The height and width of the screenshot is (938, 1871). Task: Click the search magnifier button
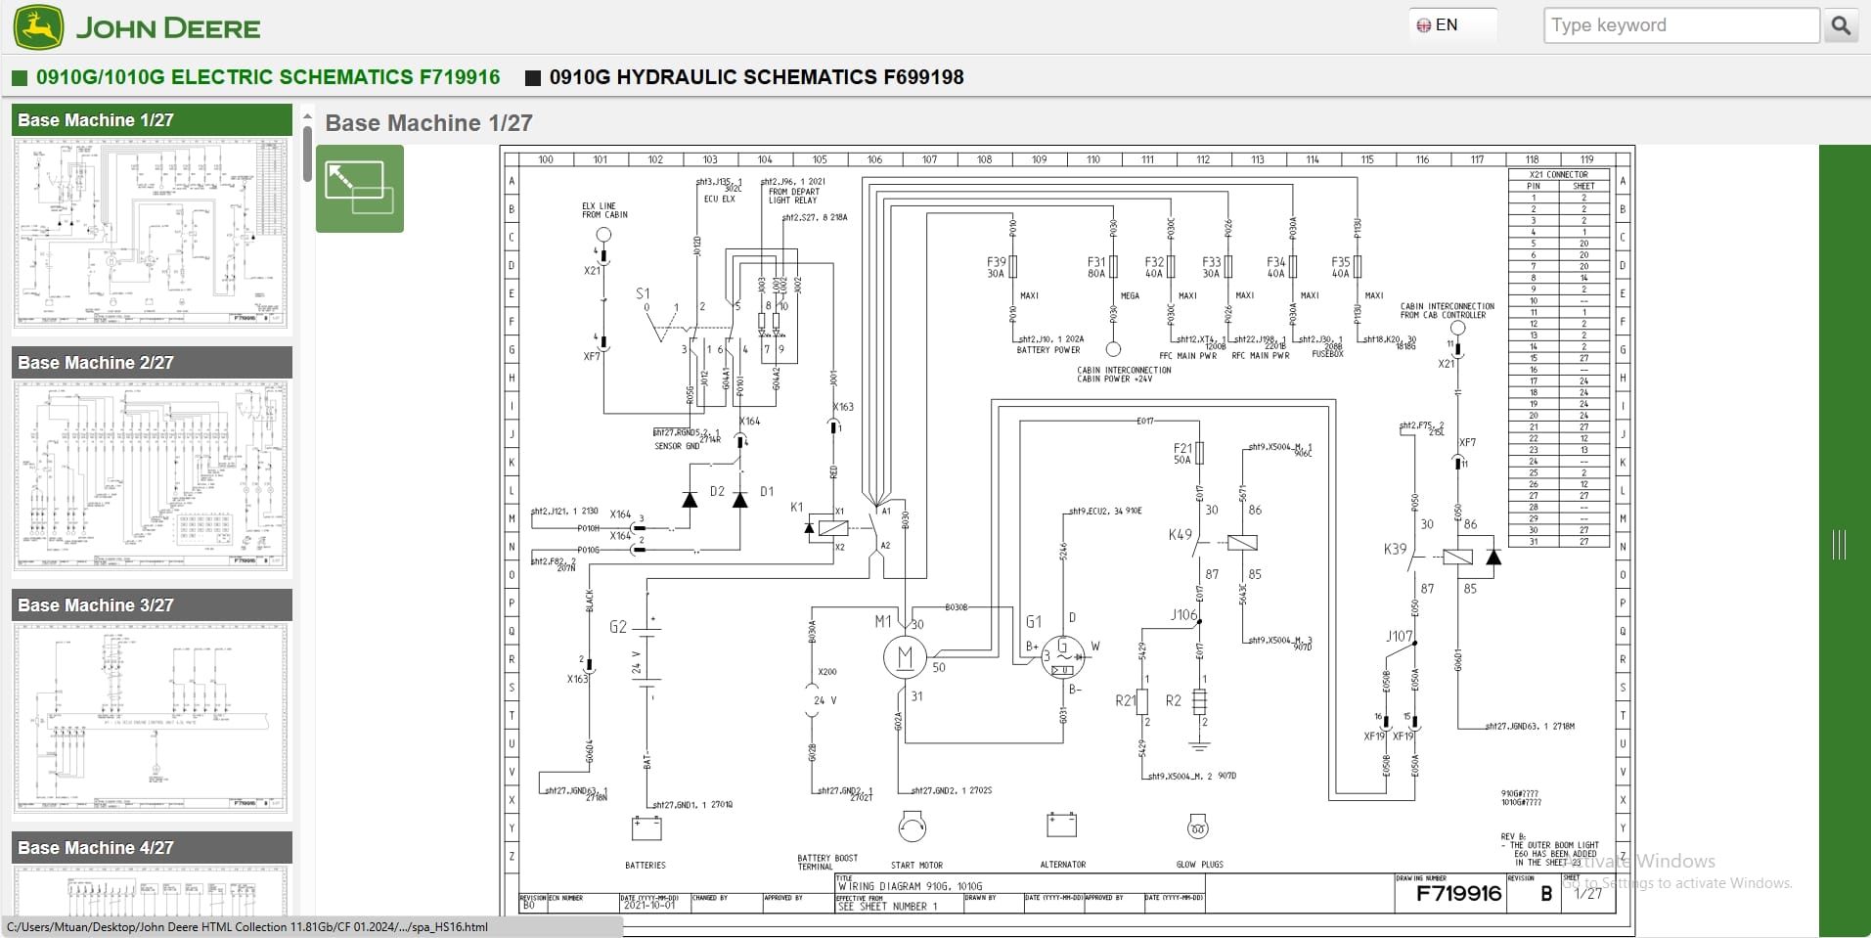[x=1840, y=25]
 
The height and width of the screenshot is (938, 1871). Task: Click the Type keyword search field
[x=1680, y=25]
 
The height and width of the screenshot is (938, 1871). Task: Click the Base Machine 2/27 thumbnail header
[x=152, y=363]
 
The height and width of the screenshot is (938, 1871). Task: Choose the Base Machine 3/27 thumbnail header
[x=152, y=605]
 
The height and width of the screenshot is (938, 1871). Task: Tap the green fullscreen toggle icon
[x=359, y=188]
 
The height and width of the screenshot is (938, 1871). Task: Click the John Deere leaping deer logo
[x=39, y=26]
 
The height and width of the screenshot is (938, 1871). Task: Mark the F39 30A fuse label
[x=996, y=268]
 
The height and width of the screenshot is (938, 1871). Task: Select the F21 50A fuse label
[x=1182, y=454]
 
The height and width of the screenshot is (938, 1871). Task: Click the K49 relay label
[x=1180, y=535]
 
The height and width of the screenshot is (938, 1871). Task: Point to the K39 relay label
[x=1395, y=549]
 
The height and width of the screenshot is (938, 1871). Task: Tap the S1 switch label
[x=643, y=293]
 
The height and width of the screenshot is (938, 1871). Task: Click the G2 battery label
[x=618, y=627]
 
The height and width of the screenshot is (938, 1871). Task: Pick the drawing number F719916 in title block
[x=1458, y=893]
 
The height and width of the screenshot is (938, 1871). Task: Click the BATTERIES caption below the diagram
[x=645, y=866]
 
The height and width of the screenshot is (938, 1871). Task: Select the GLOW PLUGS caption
[x=1199, y=865]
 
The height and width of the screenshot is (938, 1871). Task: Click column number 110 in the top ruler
[x=1092, y=159]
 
